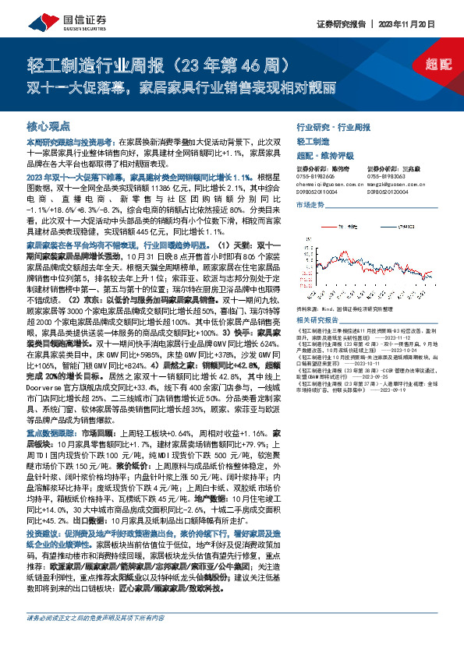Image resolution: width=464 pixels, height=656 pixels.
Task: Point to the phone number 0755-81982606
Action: [313, 176]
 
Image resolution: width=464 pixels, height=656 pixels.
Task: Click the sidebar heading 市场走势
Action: [310, 204]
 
